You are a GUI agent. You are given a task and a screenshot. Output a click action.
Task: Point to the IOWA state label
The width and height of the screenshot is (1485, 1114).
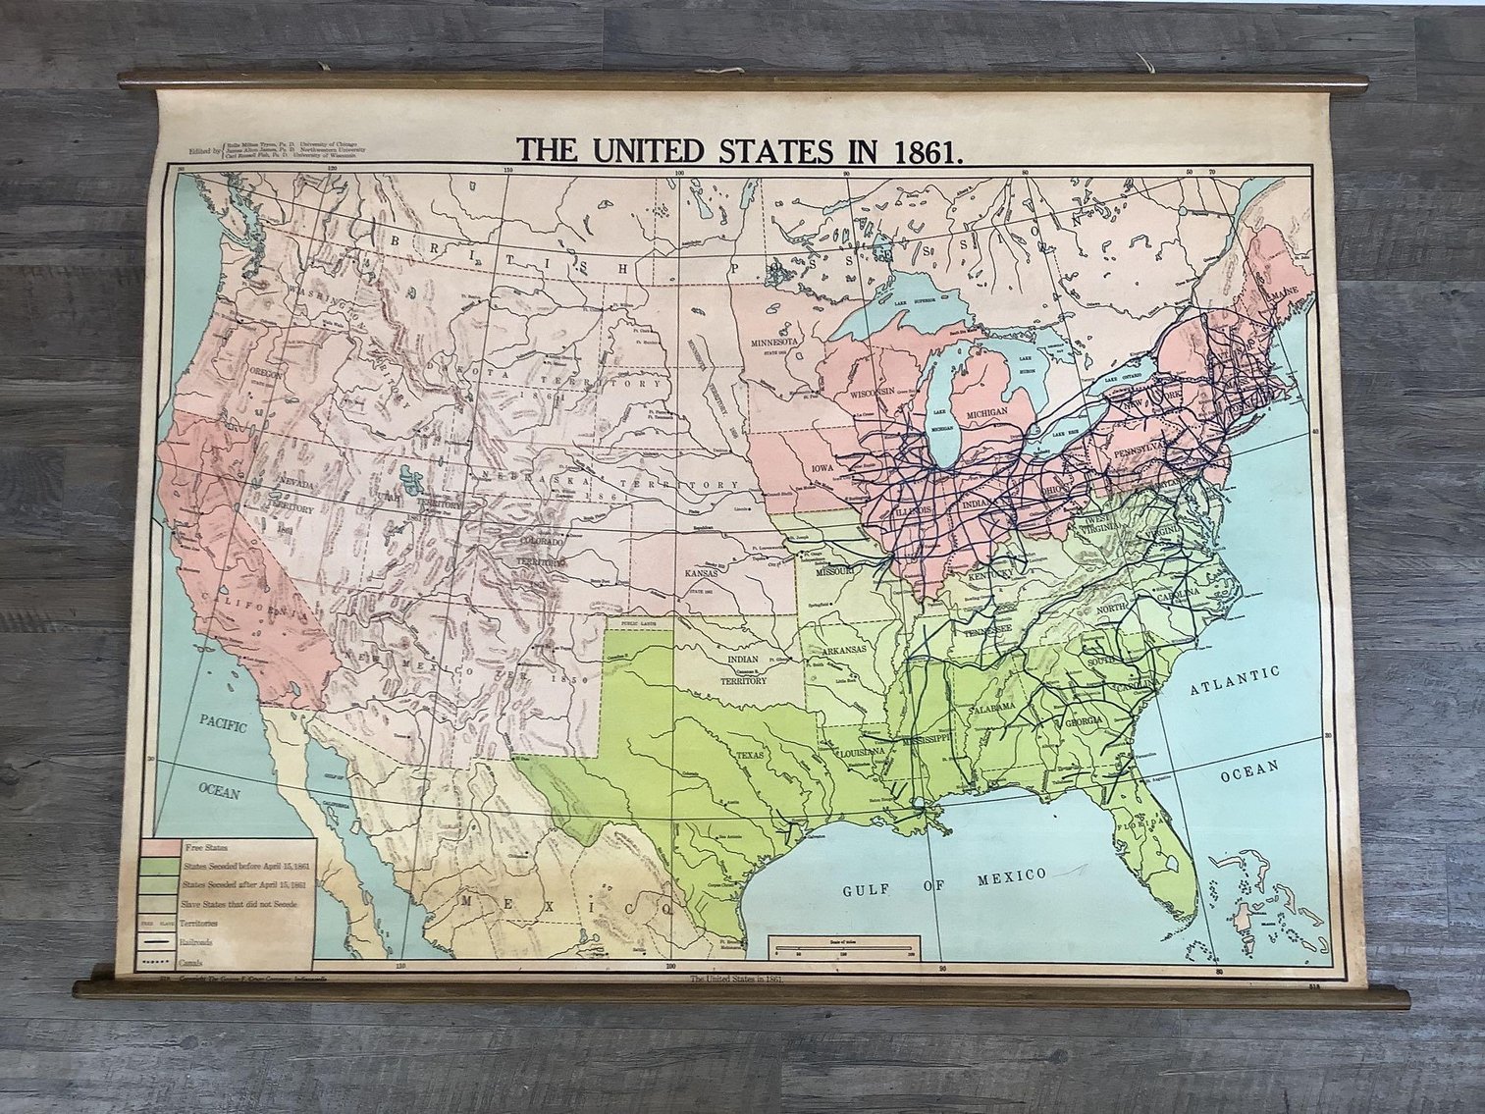pos(822,467)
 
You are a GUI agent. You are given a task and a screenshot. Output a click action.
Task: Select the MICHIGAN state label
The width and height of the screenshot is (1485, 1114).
pos(986,413)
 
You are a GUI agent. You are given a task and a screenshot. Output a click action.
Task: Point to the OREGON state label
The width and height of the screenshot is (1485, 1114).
pos(272,373)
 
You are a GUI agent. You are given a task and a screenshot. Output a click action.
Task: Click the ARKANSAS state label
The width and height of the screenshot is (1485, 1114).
pos(844,650)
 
